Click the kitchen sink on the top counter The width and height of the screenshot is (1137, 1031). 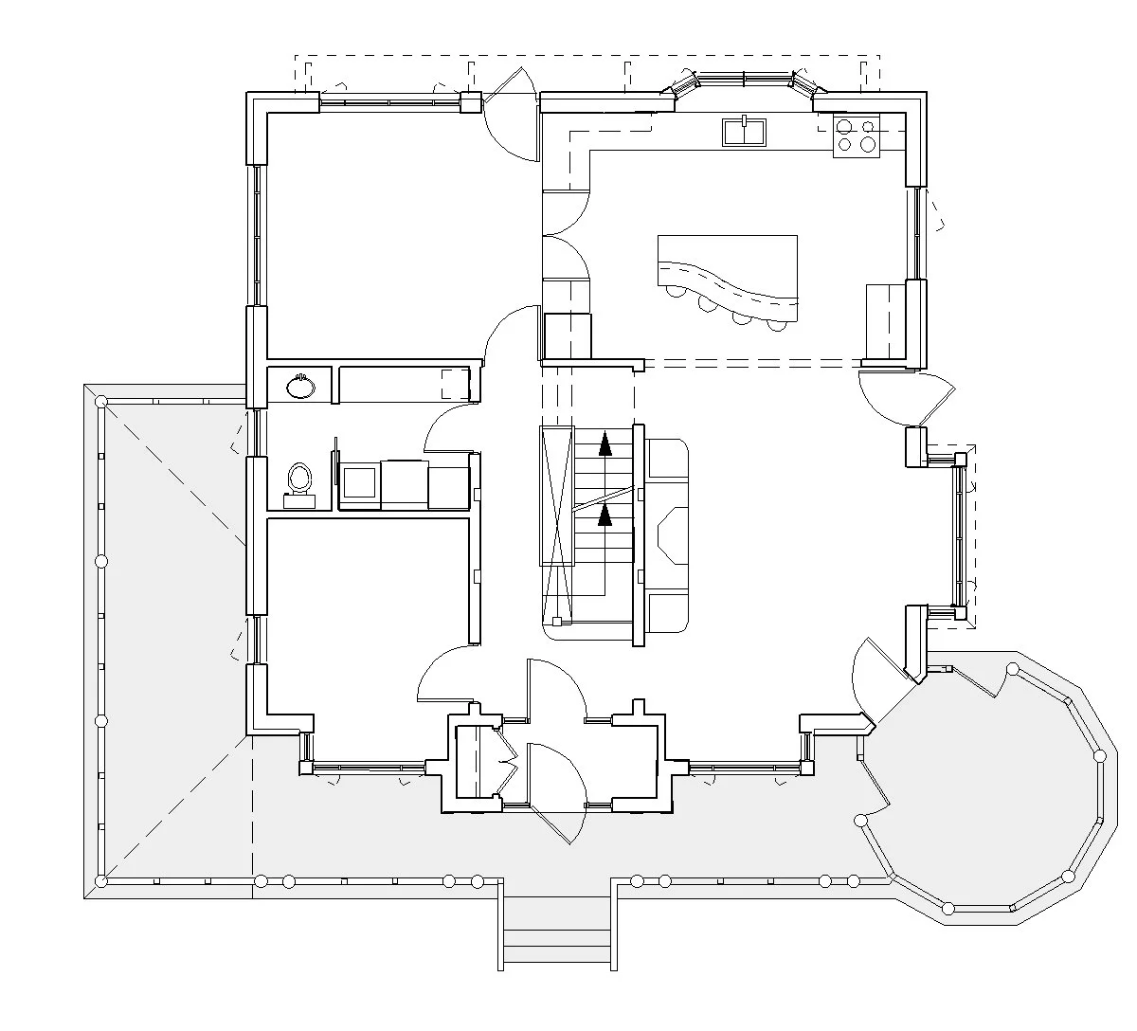click(745, 132)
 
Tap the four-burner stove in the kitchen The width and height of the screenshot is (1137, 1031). click(856, 135)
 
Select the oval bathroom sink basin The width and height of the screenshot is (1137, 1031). click(300, 386)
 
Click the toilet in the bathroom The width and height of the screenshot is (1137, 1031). click(299, 479)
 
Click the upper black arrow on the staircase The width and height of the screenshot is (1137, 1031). click(604, 443)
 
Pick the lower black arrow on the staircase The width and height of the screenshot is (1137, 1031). click(604, 515)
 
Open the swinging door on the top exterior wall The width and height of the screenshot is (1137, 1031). click(512, 118)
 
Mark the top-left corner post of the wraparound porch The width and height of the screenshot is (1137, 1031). click(100, 403)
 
